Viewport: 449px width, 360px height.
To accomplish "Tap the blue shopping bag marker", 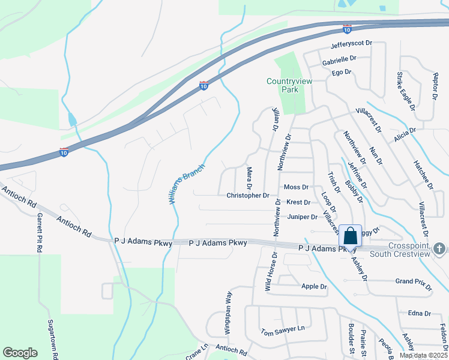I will (350, 235).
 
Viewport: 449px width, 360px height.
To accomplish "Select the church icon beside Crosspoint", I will (439, 248).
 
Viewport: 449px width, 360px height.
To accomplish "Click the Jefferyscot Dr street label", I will (351, 44).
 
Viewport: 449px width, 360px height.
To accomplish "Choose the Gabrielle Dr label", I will (339, 59).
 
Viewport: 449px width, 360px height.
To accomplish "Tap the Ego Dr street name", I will (341, 72).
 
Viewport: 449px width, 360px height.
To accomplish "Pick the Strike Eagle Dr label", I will (405, 91).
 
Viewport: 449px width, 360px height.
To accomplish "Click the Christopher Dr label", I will (248, 196).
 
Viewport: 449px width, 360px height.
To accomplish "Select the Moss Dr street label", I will (296, 187).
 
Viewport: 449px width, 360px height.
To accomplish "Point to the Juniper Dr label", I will (302, 217).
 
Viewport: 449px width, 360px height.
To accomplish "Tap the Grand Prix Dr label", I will (413, 281).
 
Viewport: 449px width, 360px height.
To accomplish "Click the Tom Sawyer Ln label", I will (283, 331).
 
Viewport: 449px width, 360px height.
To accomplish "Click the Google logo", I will (20, 353).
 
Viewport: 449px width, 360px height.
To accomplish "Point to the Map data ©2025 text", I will (423, 356).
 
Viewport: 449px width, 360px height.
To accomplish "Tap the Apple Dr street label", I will (314, 287).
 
